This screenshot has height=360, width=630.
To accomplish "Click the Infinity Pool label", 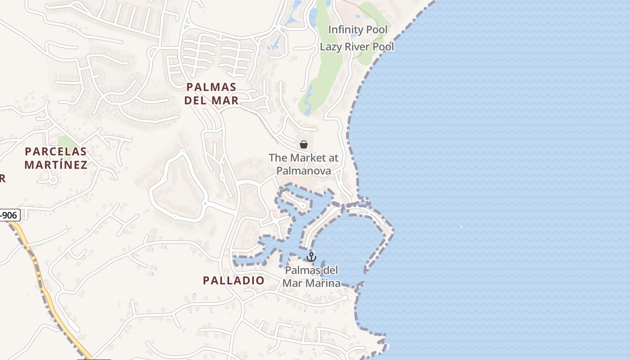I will point(357,30).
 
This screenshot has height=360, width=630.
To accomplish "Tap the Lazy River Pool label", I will point(357,47).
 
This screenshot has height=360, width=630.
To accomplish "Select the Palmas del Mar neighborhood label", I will point(211,94).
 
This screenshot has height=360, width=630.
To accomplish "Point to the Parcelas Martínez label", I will point(56,158).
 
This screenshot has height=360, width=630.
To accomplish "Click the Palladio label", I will point(234,280).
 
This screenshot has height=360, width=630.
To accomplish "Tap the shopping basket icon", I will point(304,144).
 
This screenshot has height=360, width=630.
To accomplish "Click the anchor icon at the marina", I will point(311,257).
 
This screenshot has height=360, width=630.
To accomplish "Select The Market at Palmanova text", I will point(304,164).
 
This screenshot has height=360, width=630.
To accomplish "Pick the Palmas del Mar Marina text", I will point(311,277).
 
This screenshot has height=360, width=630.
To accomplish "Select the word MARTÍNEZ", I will point(56,165).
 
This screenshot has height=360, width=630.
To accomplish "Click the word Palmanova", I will point(304,171).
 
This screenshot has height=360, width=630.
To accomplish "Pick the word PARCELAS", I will point(56,151).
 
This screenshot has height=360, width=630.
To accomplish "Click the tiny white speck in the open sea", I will point(462,227).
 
